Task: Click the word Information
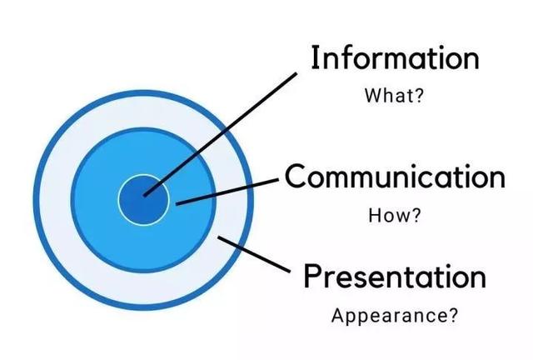point(395,58)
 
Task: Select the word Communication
point(395,177)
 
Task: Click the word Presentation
point(395,275)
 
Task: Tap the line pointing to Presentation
point(254,254)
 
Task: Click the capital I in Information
point(316,58)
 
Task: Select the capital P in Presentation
point(312,275)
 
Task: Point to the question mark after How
point(416,213)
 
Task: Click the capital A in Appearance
point(337,317)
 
